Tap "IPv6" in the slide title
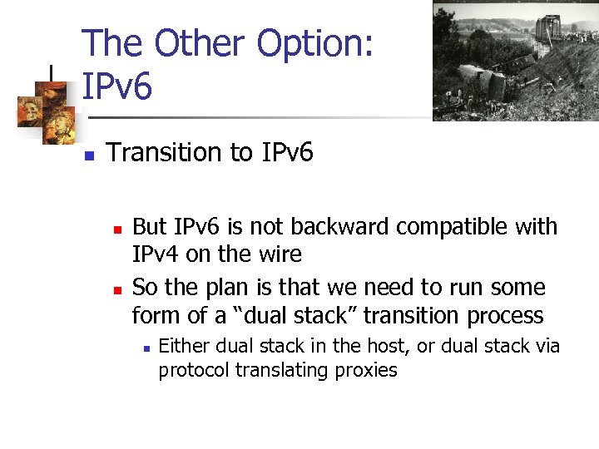coord(117,86)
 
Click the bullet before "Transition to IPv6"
coord(90,155)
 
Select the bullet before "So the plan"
coord(117,289)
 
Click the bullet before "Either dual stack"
coord(145,348)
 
